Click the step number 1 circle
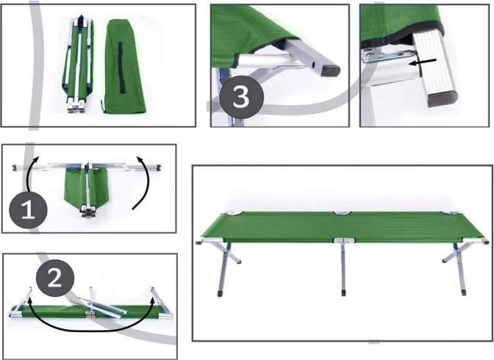pos(28,209)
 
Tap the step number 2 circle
pos(55,278)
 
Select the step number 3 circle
pos(241,97)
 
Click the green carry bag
pos(124,67)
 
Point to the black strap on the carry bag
pos(121,68)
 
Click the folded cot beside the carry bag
pos(78,64)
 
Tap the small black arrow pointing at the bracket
pos(422,62)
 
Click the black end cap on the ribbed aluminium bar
pos(441,98)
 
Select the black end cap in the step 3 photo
pos(330,71)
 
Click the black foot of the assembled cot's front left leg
pos(220,294)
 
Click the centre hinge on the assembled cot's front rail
pos(344,241)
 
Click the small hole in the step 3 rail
pos(314,64)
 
